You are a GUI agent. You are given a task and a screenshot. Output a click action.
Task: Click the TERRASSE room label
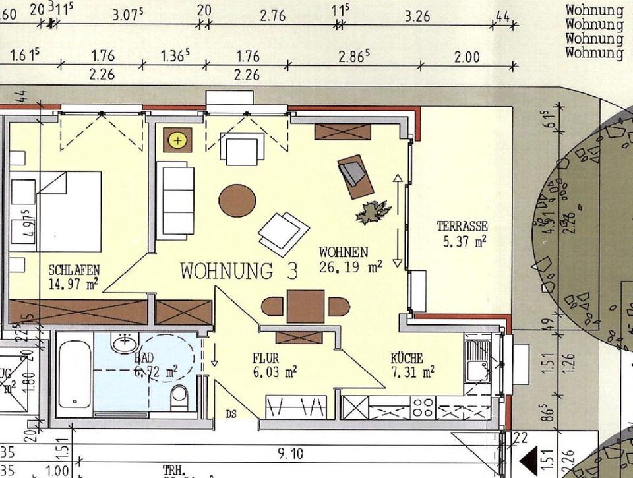click(462, 227)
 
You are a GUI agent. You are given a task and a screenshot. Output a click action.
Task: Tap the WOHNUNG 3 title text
click(239, 271)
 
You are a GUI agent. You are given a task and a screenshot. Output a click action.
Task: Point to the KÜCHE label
click(407, 359)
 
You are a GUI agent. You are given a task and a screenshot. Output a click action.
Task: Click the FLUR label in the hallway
click(266, 359)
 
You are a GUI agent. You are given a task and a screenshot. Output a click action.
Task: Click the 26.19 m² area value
click(351, 267)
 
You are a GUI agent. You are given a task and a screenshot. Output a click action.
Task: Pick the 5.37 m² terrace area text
click(466, 241)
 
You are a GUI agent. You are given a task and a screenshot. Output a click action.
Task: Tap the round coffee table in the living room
click(237, 200)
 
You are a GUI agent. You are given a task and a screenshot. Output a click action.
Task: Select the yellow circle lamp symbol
click(177, 140)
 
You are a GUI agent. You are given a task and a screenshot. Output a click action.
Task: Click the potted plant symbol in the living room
click(373, 212)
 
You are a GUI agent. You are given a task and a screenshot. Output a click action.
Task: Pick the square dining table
click(305, 307)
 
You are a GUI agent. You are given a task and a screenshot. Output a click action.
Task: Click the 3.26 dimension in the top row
click(417, 16)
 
